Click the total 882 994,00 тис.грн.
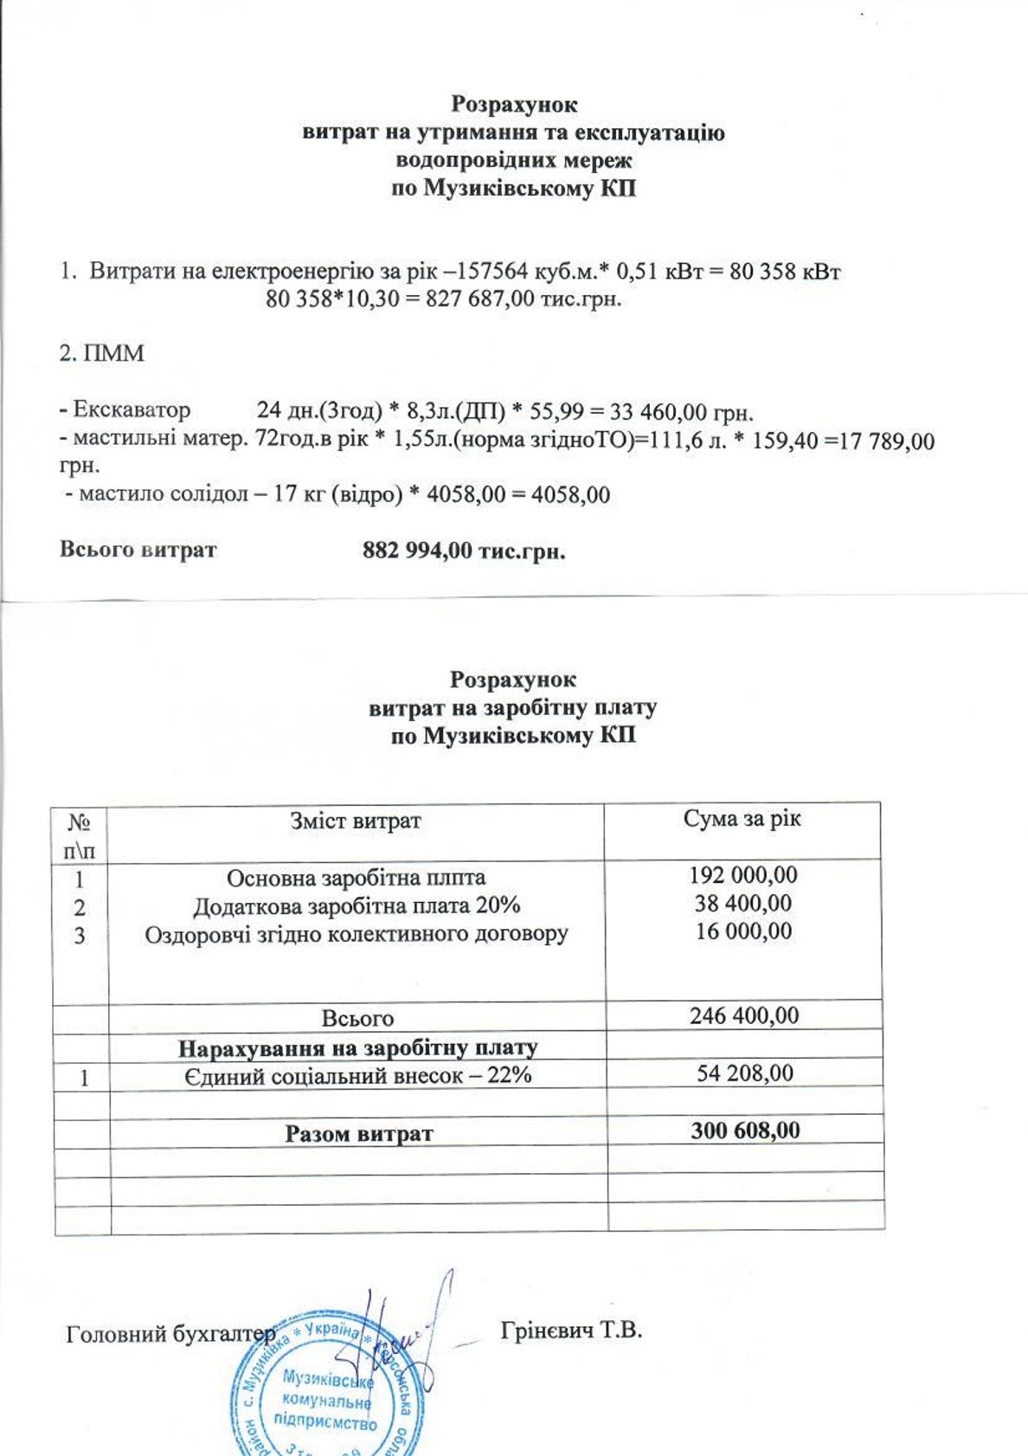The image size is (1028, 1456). pyautogui.click(x=464, y=551)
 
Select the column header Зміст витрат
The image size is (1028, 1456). pyautogui.click(x=356, y=821)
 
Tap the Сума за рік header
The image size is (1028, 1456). pyautogui.click(x=742, y=819)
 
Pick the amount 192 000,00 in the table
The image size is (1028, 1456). pyautogui.click(x=743, y=874)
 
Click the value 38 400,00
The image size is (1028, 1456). pyautogui.click(x=743, y=903)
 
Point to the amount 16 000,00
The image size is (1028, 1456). pyautogui.click(x=743, y=931)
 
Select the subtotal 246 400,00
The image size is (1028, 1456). pyautogui.click(x=744, y=1015)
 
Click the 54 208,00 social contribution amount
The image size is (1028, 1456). pyautogui.click(x=745, y=1073)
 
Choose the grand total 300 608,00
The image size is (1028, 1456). pyautogui.click(x=745, y=1131)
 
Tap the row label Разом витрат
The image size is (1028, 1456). pyautogui.click(x=358, y=1134)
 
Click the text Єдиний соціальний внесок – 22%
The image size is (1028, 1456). pyautogui.click(x=357, y=1075)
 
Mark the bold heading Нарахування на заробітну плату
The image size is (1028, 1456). pyautogui.click(x=357, y=1048)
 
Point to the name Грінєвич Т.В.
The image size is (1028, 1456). pyautogui.click(x=571, y=1330)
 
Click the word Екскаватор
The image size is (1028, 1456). pyautogui.click(x=131, y=410)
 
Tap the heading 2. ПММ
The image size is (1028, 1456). pyautogui.click(x=101, y=354)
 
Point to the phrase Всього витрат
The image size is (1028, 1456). pyautogui.click(x=138, y=550)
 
